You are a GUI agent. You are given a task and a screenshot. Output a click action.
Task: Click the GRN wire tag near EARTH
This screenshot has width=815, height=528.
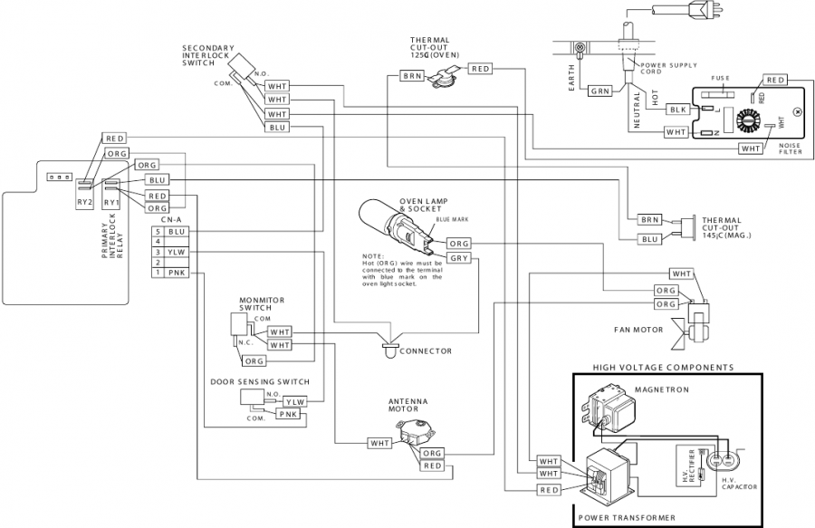[x=600, y=91]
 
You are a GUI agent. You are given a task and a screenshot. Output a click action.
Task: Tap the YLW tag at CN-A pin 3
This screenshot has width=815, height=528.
[x=177, y=252]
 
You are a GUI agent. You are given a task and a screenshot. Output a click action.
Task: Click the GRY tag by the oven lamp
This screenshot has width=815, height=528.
[x=458, y=259]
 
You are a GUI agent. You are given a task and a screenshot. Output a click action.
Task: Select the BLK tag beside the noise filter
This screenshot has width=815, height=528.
[x=677, y=109]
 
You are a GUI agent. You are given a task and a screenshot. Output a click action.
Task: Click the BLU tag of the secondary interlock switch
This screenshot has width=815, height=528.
[x=277, y=128]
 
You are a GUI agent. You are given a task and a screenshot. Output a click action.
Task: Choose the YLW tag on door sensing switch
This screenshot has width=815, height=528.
[x=294, y=401]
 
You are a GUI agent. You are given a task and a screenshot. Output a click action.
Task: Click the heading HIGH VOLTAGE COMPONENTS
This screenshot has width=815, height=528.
[x=663, y=368]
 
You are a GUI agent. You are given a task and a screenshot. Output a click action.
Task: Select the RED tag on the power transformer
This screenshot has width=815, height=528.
[x=549, y=490]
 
